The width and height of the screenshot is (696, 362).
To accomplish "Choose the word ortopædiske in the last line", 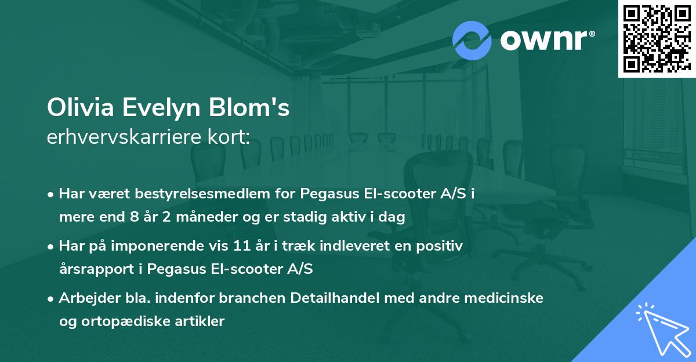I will tap(130, 321).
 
